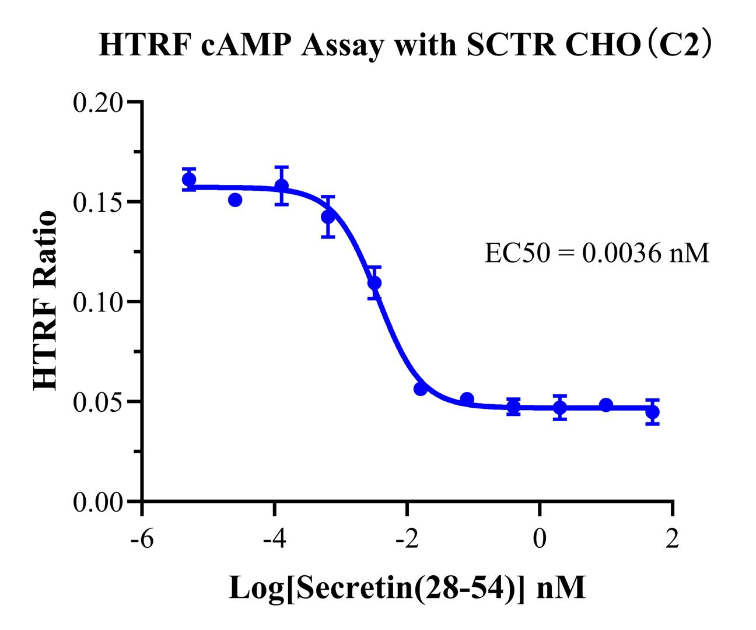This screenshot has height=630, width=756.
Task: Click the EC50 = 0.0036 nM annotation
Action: pyautogui.click(x=597, y=254)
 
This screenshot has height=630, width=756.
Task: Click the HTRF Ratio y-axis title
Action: pyautogui.click(x=45, y=301)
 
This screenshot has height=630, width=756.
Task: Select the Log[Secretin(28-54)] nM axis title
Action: pyautogui.click(x=407, y=588)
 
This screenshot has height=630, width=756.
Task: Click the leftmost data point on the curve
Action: pyautogui.click(x=189, y=180)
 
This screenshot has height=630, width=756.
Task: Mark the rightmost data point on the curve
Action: pyautogui.click(x=653, y=412)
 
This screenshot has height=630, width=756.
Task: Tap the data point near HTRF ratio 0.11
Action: pyautogui.click(x=374, y=283)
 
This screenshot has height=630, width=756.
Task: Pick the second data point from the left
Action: pyautogui.click(x=235, y=200)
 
